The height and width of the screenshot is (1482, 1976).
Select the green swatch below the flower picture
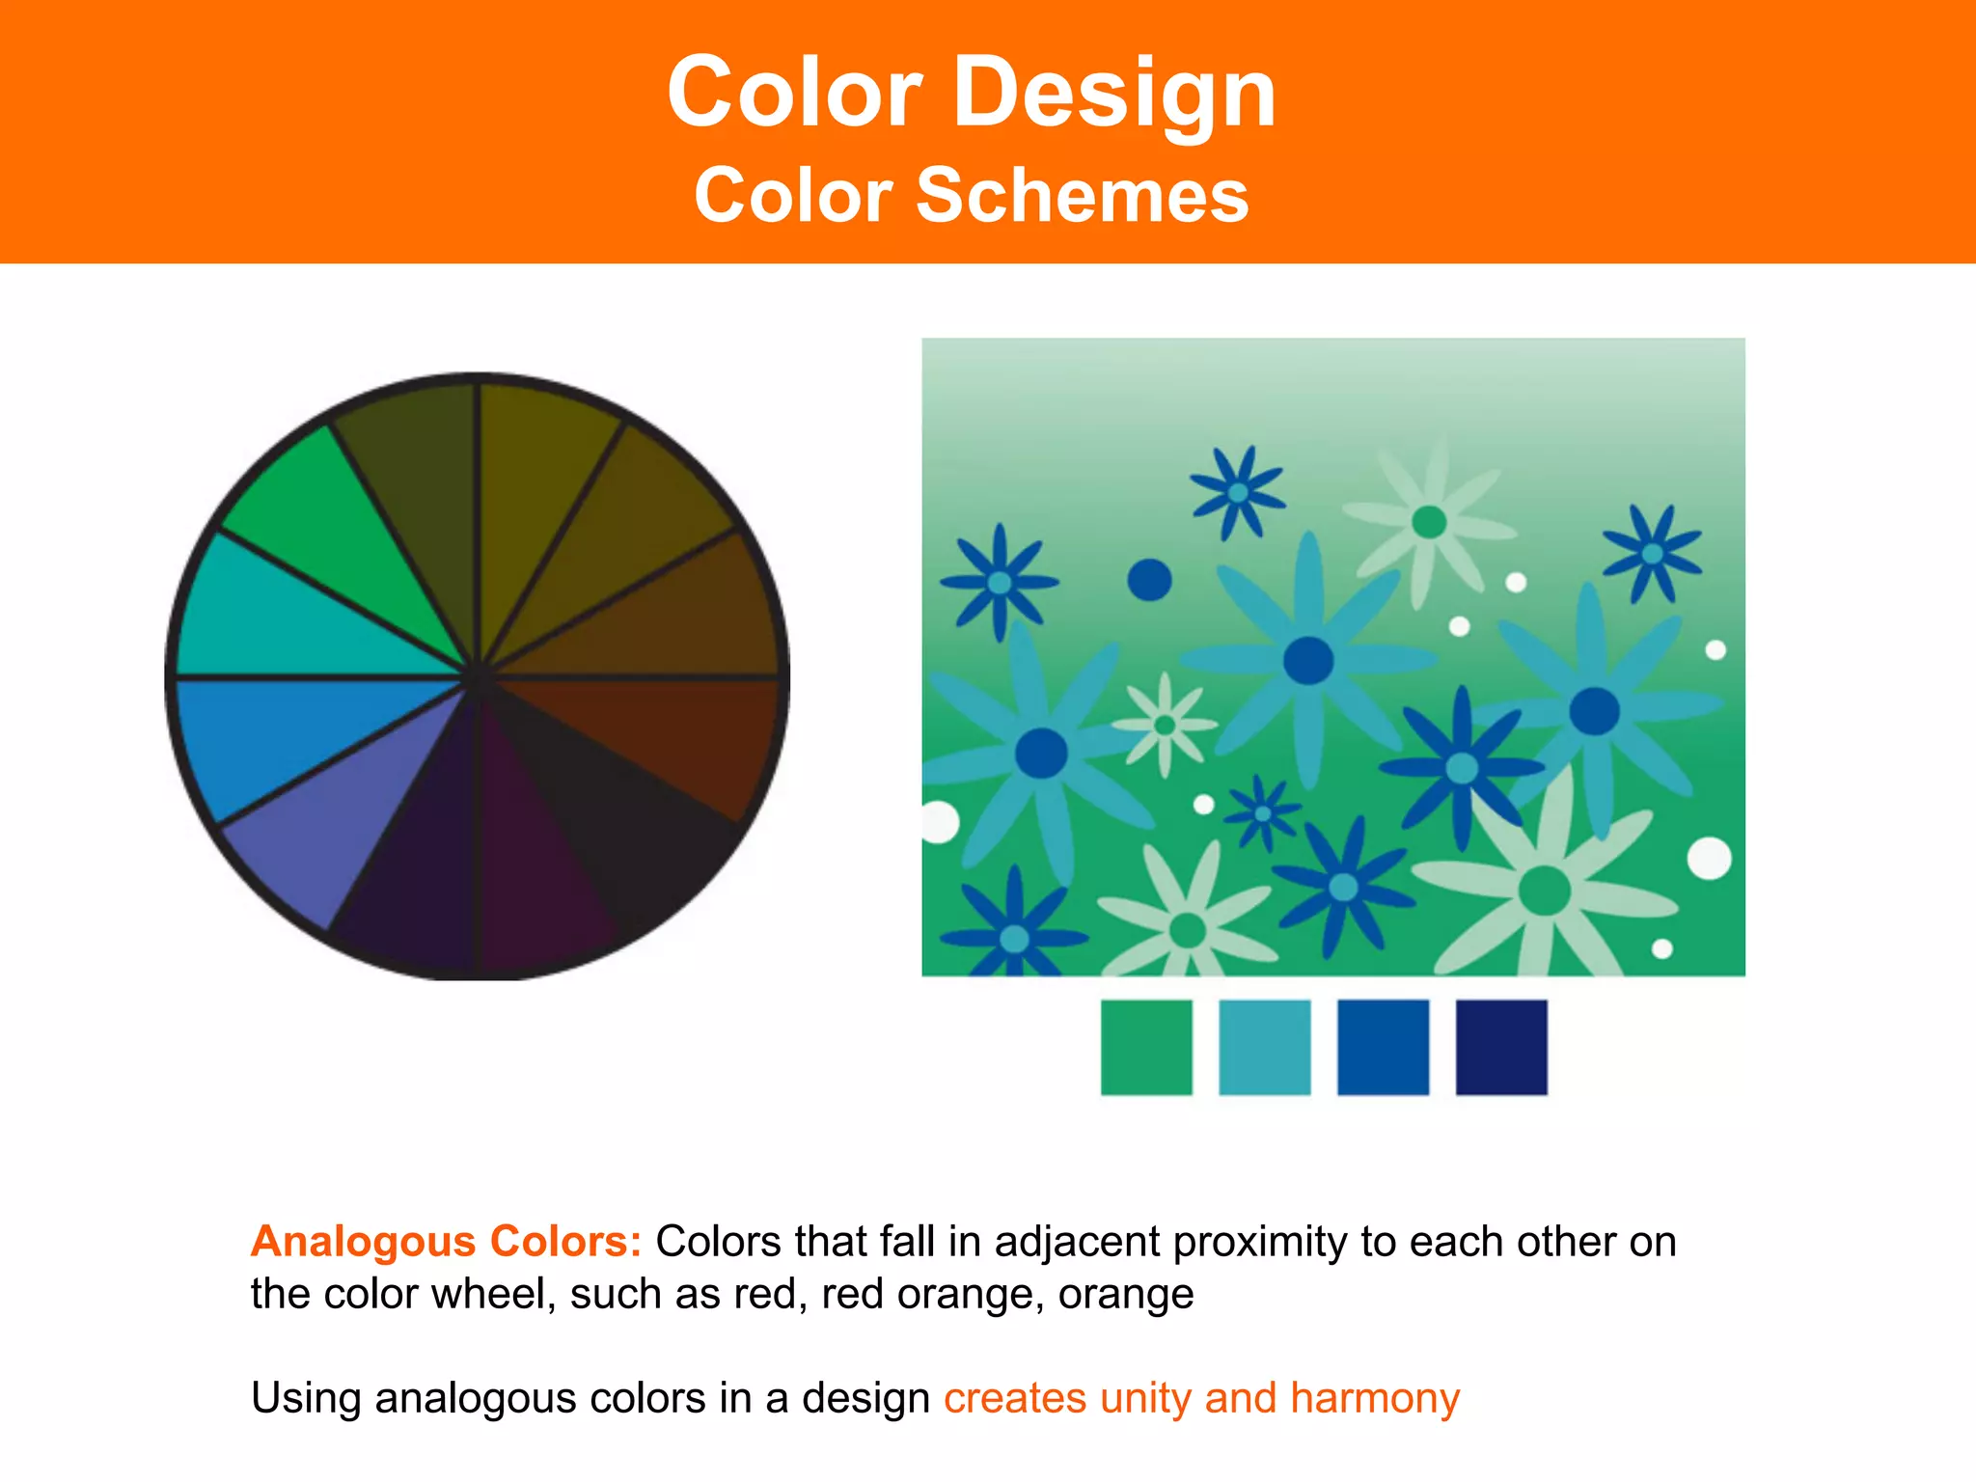[x=1146, y=1047]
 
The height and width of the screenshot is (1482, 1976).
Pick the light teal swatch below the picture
[x=1264, y=1047]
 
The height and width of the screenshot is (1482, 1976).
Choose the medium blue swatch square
[x=1383, y=1047]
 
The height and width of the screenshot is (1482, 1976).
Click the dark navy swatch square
[x=1501, y=1047]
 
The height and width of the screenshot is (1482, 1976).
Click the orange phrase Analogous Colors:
[x=446, y=1242]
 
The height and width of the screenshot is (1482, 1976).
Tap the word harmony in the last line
[x=1375, y=1398]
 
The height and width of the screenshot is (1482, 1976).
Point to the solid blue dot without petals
[x=1149, y=580]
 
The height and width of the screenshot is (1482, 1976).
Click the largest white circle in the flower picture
[x=1709, y=859]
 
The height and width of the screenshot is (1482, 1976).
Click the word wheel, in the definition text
[x=493, y=1295]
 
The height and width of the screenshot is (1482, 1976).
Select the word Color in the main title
[x=794, y=94]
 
